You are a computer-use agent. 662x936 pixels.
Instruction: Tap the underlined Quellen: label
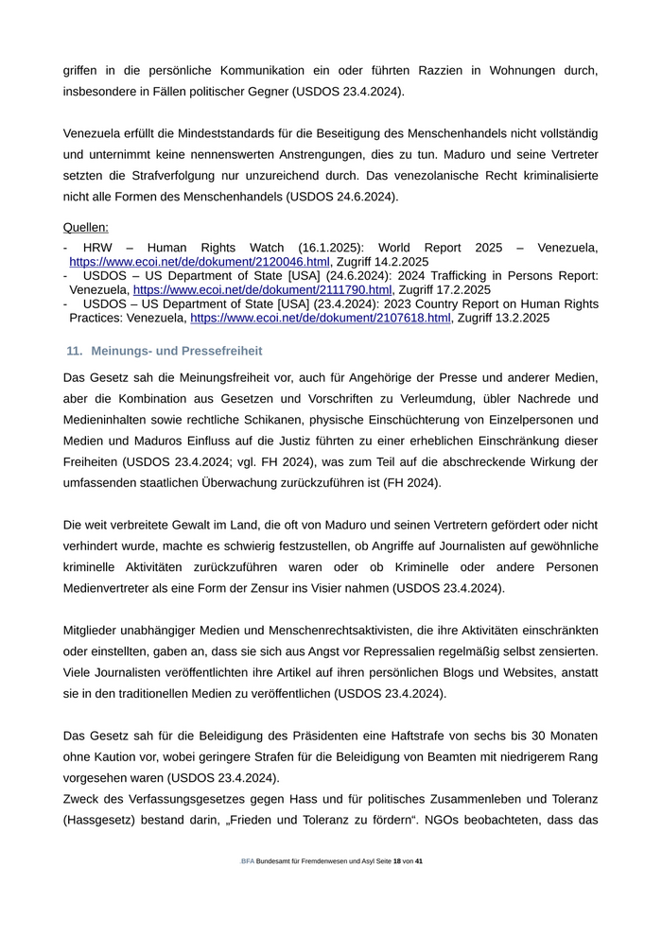point(86,227)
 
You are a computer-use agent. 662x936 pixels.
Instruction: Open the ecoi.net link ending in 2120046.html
point(200,261)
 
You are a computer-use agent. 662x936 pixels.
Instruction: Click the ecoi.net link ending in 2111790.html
point(262,289)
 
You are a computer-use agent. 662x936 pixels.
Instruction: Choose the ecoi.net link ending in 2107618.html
point(321,319)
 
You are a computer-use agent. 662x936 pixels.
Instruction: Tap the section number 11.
point(75,351)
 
